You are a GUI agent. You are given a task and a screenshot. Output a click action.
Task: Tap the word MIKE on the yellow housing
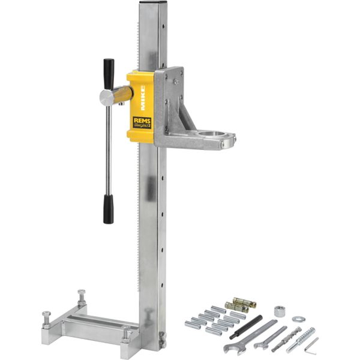click(143, 95)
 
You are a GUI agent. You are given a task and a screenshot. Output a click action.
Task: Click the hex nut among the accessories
click(279, 311)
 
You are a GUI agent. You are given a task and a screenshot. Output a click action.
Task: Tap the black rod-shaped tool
click(245, 326)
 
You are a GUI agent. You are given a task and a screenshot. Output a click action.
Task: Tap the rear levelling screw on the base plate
click(81, 296)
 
